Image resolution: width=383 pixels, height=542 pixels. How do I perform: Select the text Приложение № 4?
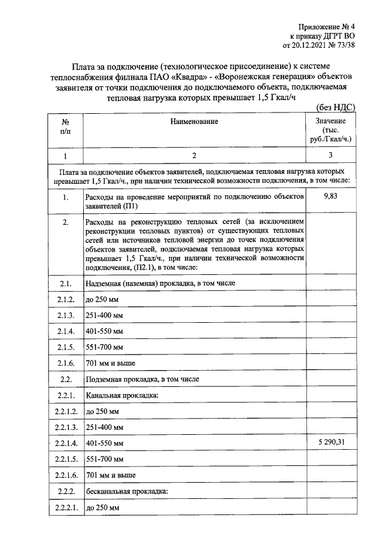327,26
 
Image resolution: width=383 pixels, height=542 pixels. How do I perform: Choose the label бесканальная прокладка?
127,491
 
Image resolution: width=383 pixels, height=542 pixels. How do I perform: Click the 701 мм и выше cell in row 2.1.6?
111,363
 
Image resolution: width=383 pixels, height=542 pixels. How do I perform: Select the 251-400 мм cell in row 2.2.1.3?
105,427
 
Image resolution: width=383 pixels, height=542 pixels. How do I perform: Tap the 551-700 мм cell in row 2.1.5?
105,347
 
